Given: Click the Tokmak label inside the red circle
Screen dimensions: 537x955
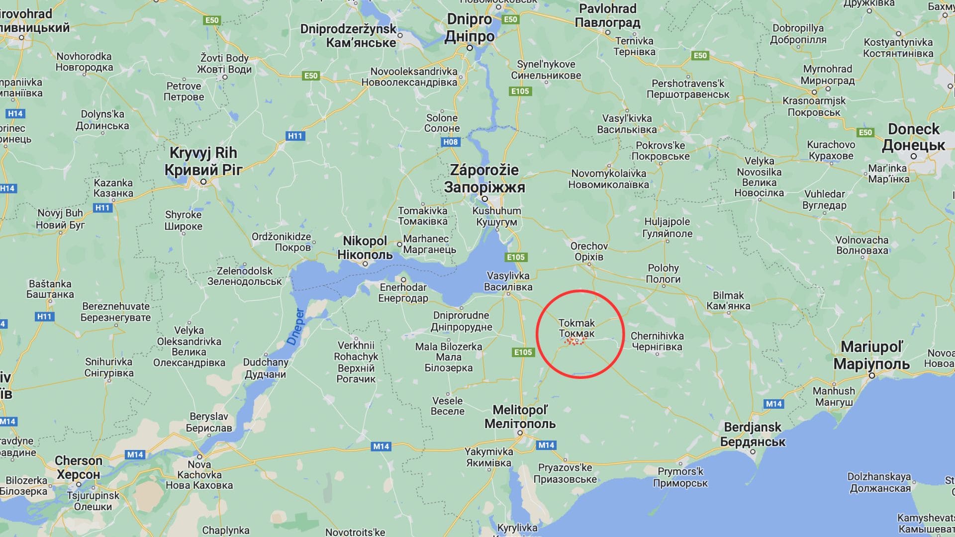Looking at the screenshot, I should (x=576, y=328).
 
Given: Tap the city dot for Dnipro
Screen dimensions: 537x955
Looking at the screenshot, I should (x=470, y=48).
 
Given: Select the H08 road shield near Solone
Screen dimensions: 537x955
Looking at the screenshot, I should (x=450, y=142).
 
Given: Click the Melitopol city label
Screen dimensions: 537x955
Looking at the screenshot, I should (x=520, y=417).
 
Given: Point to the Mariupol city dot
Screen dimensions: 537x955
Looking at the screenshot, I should (x=871, y=375).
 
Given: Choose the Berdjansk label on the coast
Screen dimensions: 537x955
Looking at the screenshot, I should (x=753, y=434).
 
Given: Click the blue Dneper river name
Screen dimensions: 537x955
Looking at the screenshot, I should (x=295, y=327).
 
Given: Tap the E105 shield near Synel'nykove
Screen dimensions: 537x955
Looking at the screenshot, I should (x=520, y=91).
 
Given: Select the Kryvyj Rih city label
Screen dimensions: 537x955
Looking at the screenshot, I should (x=203, y=161).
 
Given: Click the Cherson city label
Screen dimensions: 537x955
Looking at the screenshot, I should (x=78, y=467).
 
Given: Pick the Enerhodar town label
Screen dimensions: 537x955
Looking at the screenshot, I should (x=403, y=293).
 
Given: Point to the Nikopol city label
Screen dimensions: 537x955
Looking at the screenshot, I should (x=365, y=248).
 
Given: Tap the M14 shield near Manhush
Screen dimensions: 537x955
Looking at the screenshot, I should (x=773, y=404).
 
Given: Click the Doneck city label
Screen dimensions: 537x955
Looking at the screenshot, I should (x=913, y=137).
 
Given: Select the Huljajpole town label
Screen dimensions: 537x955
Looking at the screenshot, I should (x=667, y=227).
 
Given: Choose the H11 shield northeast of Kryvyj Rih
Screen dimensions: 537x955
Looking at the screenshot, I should (x=295, y=136).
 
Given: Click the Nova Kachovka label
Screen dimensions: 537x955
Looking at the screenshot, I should (x=199, y=475).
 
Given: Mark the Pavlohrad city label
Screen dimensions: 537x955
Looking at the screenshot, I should (x=607, y=15).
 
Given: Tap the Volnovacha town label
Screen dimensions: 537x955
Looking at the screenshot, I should (x=861, y=245).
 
